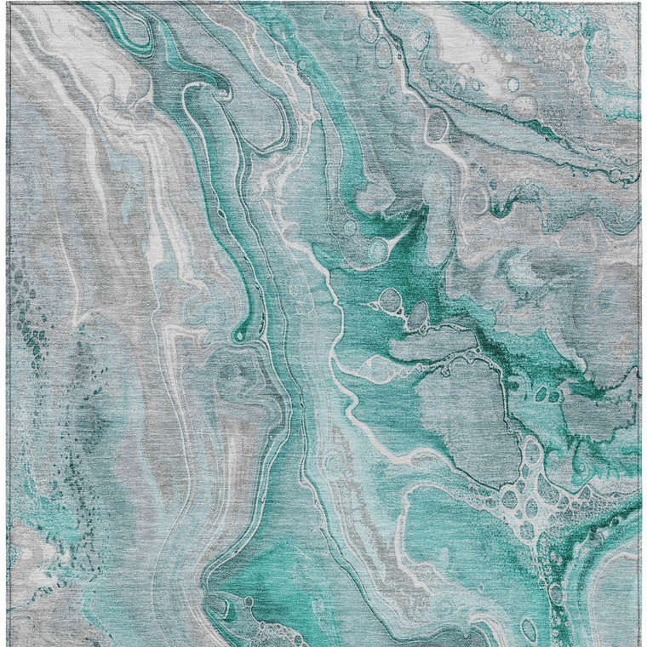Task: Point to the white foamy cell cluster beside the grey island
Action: (x=532, y=494)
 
